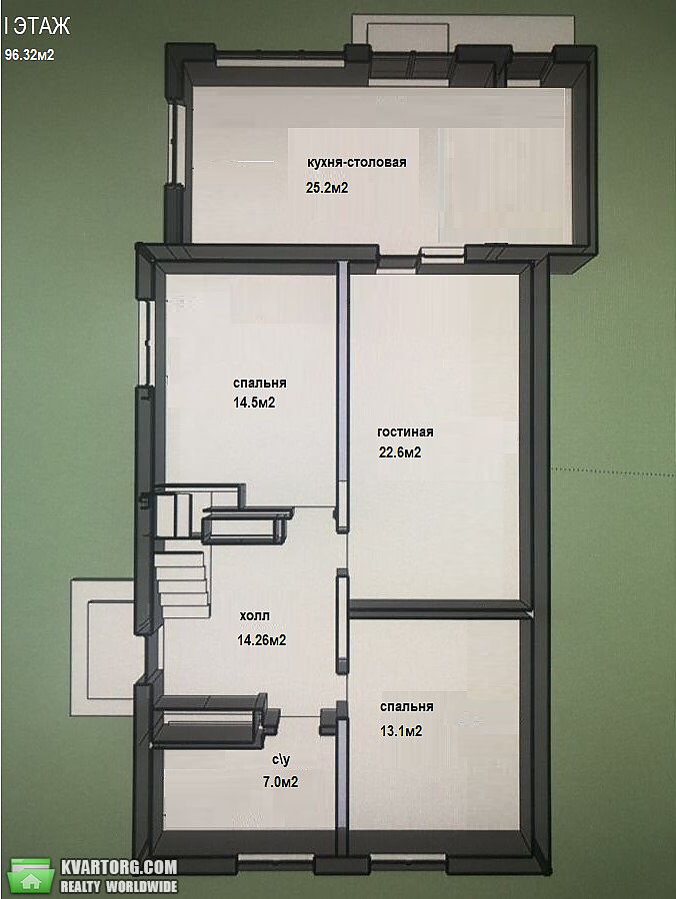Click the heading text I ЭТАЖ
(x=37, y=26)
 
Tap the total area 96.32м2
(x=30, y=55)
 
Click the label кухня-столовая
(x=356, y=162)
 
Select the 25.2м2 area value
(x=327, y=188)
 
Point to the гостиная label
(x=405, y=433)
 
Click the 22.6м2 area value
(x=400, y=452)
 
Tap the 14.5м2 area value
(x=254, y=403)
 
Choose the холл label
(x=255, y=615)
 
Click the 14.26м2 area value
(x=262, y=640)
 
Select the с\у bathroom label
(x=281, y=760)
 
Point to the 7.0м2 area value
(x=281, y=781)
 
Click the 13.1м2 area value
(x=401, y=731)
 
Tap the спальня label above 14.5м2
(x=260, y=383)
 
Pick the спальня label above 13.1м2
(x=407, y=706)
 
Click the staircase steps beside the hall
(x=181, y=583)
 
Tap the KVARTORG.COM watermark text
(x=119, y=866)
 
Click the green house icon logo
(x=32, y=875)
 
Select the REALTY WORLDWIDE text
(x=119, y=886)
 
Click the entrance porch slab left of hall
(x=103, y=647)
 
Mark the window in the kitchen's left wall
(x=175, y=142)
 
